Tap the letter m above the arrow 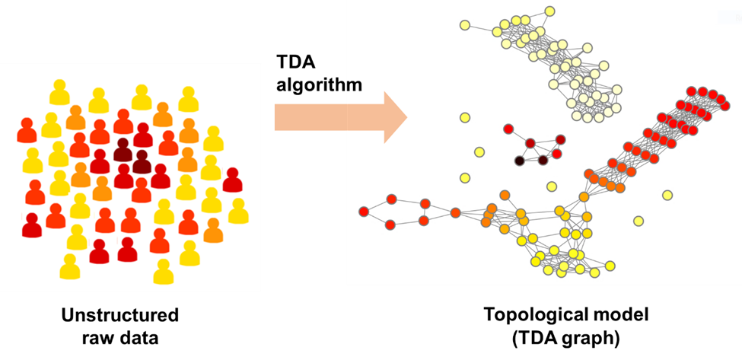click(354, 85)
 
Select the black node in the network click(520, 161)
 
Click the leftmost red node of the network click(364, 212)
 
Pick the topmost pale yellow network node click(549, 11)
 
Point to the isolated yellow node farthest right click(667, 196)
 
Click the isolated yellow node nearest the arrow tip click(465, 117)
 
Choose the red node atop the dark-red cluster click(508, 129)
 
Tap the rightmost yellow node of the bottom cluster click(610, 266)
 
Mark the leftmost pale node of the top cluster click(465, 25)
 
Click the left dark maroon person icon click(123, 151)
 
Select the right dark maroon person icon click(142, 163)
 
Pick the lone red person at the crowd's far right click(232, 181)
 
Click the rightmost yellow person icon click(238, 212)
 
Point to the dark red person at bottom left click(32, 226)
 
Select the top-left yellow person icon click(59, 93)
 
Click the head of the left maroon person click(123, 144)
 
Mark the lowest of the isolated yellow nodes click(639, 221)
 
